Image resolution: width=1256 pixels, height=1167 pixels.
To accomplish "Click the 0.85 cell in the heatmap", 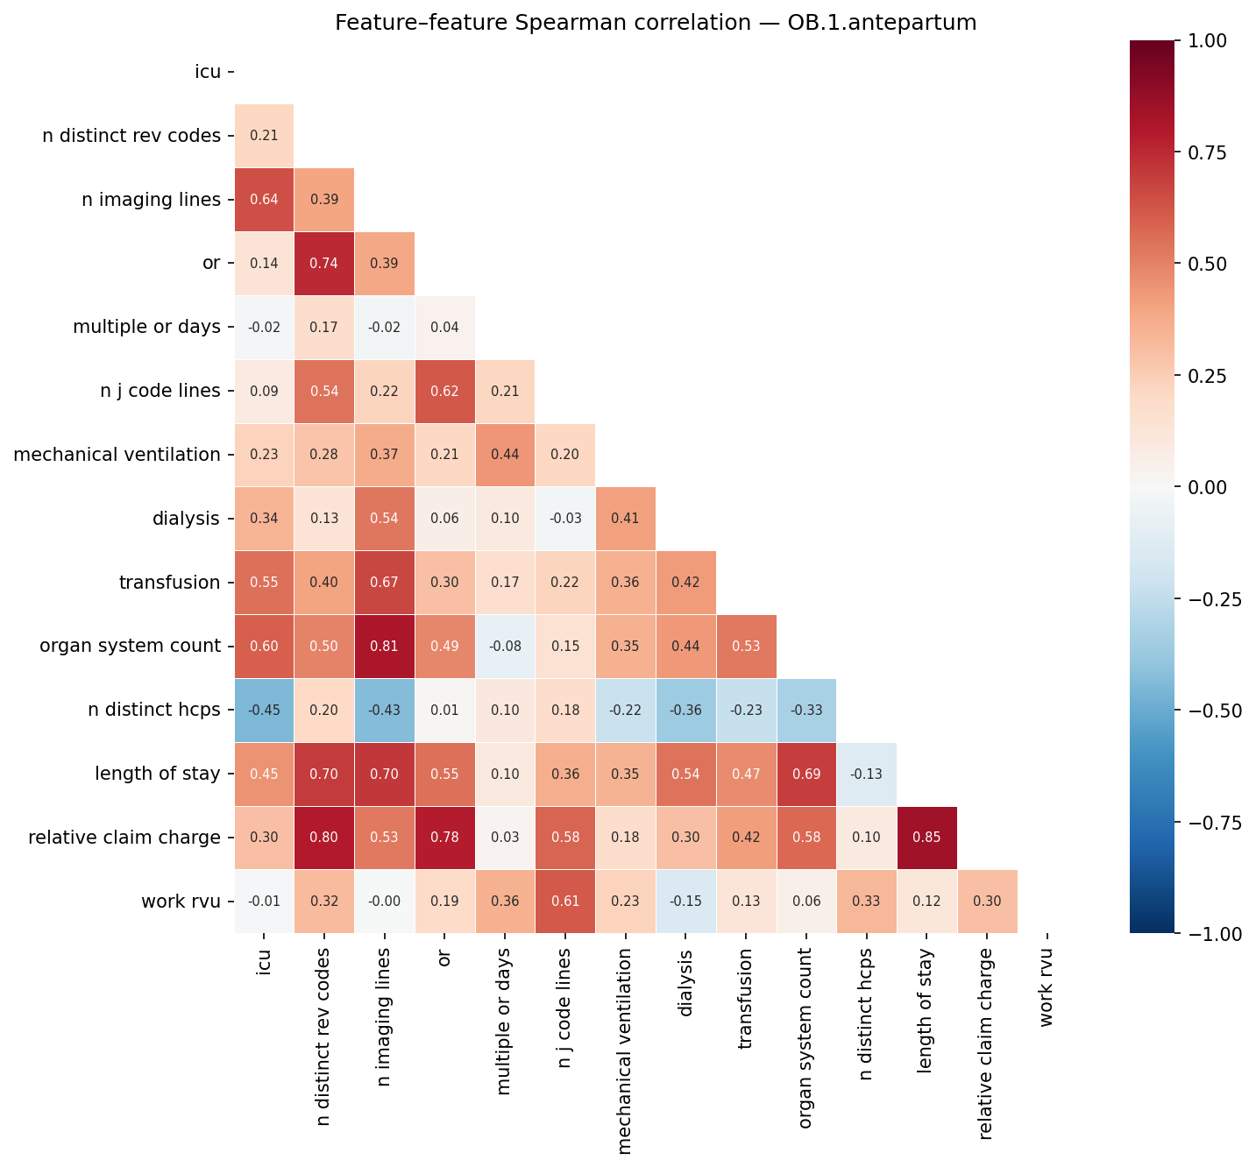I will (x=926, y=838).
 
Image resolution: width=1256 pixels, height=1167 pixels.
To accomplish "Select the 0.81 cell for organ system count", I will (x=384, y=647).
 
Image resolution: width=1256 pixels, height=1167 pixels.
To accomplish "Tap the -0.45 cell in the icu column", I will (x=264, y=711).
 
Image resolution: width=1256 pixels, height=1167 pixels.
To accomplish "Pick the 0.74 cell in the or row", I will (x=324, y=264).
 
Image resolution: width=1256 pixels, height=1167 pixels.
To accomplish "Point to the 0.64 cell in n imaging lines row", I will (x=264, y=200).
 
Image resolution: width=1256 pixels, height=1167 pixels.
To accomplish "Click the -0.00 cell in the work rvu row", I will (x=384, y=902).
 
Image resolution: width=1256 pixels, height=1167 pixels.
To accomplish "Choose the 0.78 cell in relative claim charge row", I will (x=444, y=838).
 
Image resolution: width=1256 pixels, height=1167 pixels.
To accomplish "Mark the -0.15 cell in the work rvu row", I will (x=685, y=902).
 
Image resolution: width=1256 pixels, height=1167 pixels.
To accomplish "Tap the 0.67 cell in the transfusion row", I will (x=384, y=583).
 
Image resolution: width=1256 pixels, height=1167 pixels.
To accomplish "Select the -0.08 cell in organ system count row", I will (x=504, y=647).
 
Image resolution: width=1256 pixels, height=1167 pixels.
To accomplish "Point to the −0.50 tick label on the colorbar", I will (x=1212, y=711).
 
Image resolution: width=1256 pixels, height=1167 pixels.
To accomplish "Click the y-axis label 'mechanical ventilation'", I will (x=117, y=455).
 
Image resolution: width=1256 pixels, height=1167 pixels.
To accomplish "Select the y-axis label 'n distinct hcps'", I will (x=154, y=711).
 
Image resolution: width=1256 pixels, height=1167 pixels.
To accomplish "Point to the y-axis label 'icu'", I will (x=208, y=72).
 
